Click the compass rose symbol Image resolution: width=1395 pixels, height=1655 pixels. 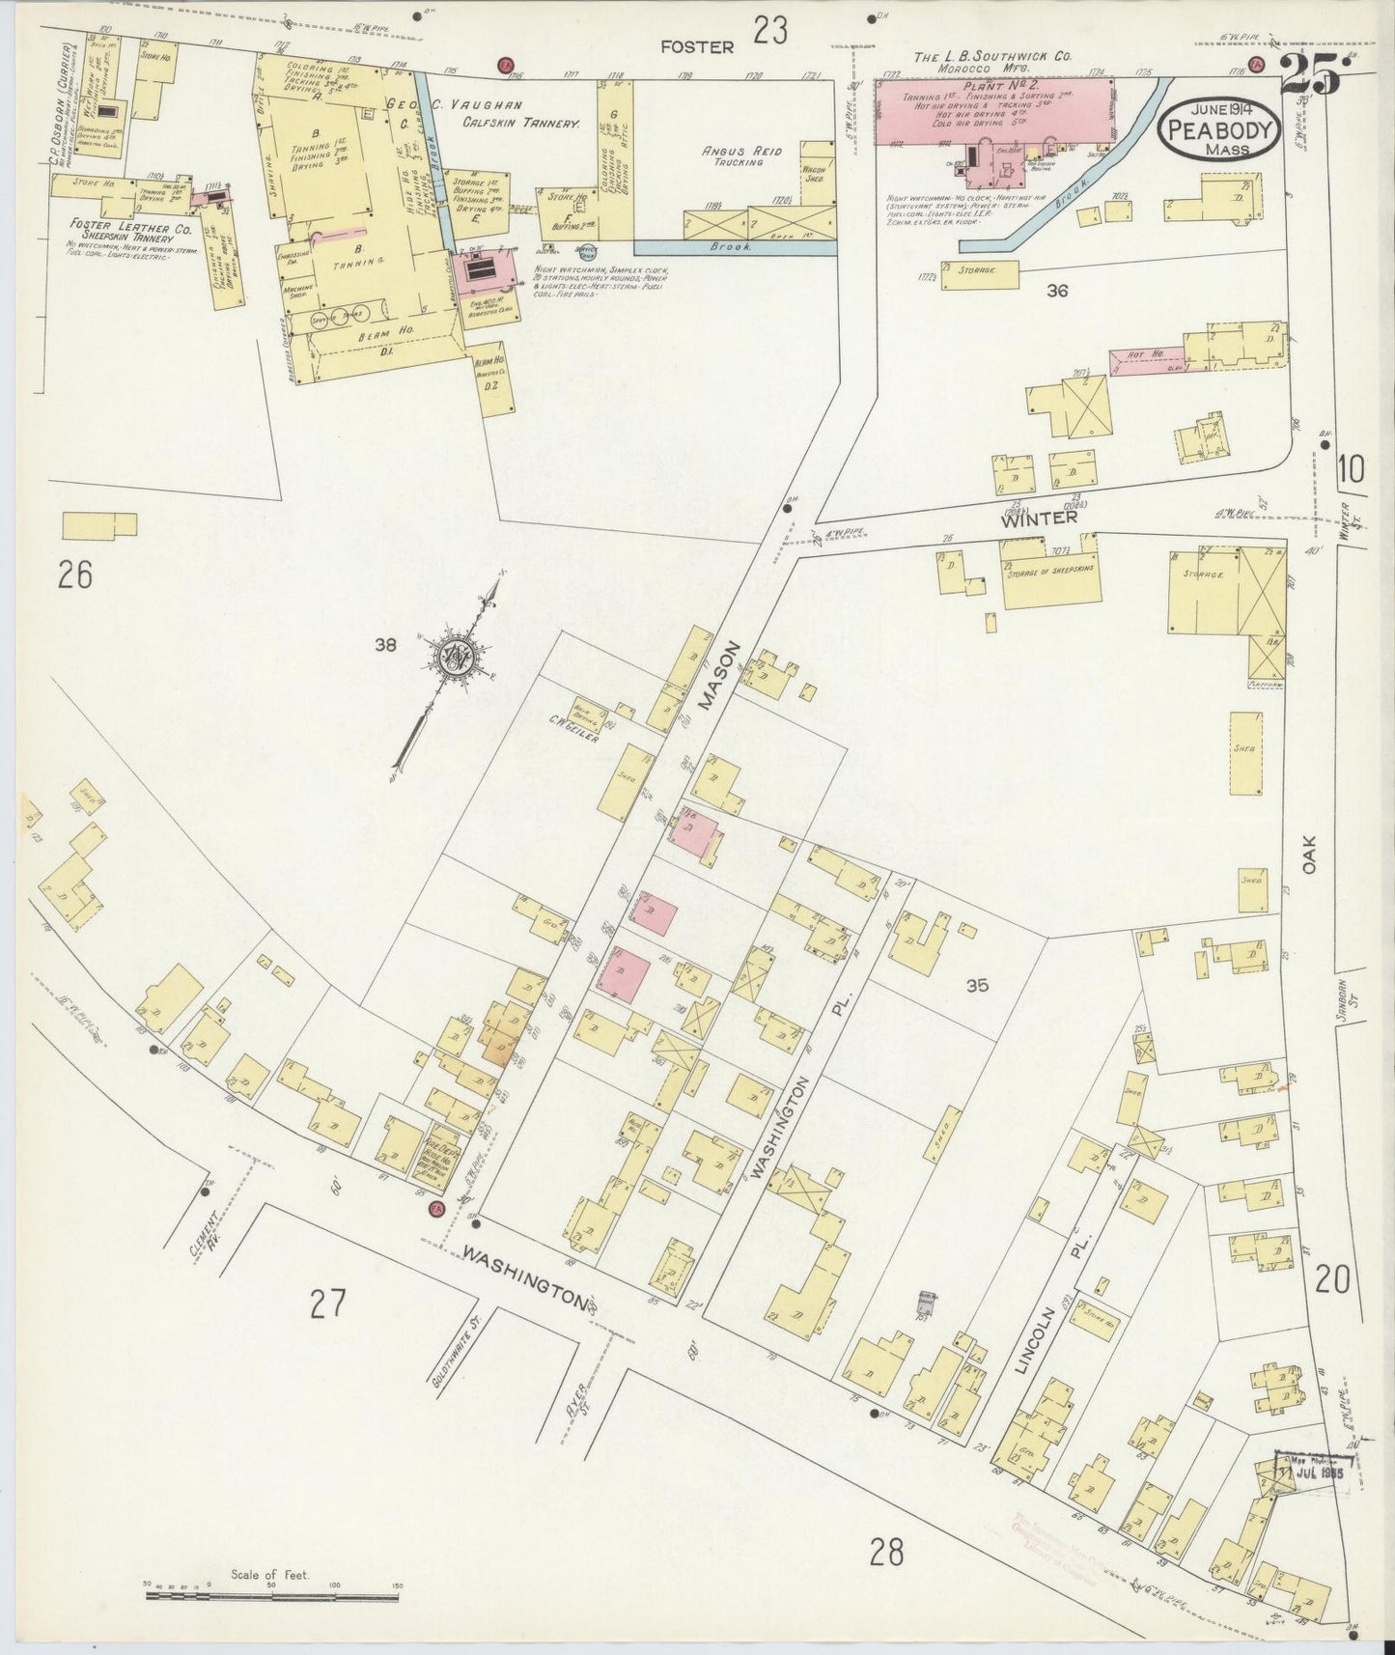[457, 659]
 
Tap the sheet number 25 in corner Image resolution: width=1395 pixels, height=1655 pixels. [1310, 76]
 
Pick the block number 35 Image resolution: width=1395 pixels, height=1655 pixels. [977, 986]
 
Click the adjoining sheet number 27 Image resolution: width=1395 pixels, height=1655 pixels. [327, 1305]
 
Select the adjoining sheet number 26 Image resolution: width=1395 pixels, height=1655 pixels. [74, 576]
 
